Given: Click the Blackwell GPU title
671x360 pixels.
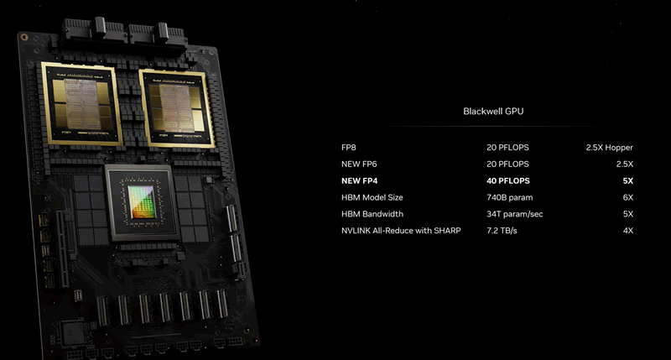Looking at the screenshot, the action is (x=493, y=112).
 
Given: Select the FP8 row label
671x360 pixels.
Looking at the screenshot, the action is (x=348, y=147).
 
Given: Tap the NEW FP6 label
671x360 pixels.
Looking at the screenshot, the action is (x=359, y=164).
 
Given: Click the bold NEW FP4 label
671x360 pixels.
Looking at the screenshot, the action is (x=360, y=180).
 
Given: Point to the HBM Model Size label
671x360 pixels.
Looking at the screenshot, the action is (x=372, y=197).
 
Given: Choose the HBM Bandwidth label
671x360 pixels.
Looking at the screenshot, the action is (x=372, y=214).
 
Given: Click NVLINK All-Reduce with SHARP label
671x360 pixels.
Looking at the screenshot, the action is (x=401, y=231).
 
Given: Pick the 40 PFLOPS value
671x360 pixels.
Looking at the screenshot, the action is (x=508, y=180).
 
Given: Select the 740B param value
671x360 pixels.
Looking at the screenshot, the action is (x=510, y=198).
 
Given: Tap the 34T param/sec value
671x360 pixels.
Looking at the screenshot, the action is (x=514, y=214).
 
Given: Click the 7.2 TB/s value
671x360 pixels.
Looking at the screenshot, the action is (x=502, y=231).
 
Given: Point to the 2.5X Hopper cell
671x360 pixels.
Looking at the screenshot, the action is (x=610, y=148).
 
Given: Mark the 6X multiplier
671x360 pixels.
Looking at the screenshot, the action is (x=627, y=197).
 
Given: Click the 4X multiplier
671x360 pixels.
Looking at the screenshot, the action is (x=627, y=231).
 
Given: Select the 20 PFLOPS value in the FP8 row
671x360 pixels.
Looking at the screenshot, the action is (x=507, y=147).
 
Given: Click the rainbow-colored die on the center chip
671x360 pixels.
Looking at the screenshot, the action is (x=143, y=201).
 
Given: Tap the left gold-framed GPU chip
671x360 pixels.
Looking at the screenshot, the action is (x=81, y=103).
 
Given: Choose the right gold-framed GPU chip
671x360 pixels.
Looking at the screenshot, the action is (x=177, y=109).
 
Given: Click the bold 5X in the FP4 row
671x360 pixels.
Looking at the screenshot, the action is (x=627, y=180).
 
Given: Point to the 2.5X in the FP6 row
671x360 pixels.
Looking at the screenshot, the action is (x=624, y=164).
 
